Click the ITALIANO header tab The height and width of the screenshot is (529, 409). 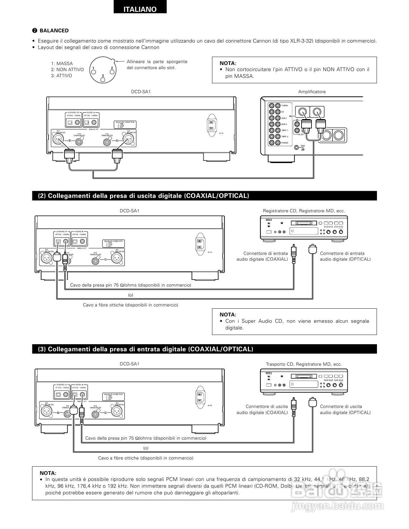pyautogui.click(x=140, y=9)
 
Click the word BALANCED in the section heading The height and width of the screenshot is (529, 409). pyautogui.click(x=54, y=31)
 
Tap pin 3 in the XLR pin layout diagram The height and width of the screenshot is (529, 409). pyautogui.click(x=103, y=78)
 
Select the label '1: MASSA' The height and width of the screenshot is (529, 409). pyautogui.click(x=62, y=63)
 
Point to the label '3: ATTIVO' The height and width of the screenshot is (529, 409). pyautogui.click(x=61, y=76)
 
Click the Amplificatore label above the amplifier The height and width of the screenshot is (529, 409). pyautogui.click(x=312, y=92)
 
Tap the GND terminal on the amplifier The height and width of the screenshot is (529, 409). pyautogui.click(x=297, y=148)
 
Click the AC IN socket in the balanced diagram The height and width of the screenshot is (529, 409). pyautogui.click(x=210, y=125)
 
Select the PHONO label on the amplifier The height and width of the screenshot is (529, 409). pyautogui.click(x=285, y=143)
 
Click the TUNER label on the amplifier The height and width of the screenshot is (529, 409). pyautogui.click(x=285, y=105)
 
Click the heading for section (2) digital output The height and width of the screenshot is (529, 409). pyautogui.click(x=143, y=196)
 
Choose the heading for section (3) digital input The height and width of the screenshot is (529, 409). pyautogui.click(x=145, y=349)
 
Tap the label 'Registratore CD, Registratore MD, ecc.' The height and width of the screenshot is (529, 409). pyautogui.click(x=303, y=211)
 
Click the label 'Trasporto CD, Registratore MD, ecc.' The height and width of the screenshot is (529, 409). pyautogui.click(x=303, y=364)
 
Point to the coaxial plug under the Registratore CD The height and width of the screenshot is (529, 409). pyautogui.click(x=294, y=253)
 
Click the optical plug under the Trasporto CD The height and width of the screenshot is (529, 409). pyautogui.click(x=312, y=402)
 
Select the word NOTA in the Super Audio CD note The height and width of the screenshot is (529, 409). pyautogui.click(x=228, y=315)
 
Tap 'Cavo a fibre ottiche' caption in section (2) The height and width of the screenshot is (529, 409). pyautogui.click(x=130, y=305)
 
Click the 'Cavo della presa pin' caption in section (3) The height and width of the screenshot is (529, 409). pyautogui.click(x=146, y=438)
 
